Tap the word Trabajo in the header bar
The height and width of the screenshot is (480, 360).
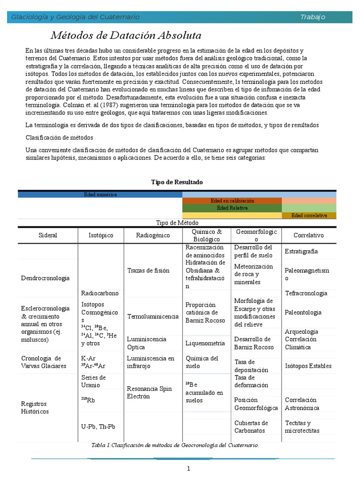tap(313, 17)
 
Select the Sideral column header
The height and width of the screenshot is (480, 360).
tap(47, 235)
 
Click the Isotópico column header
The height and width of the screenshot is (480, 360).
tap(101, 235)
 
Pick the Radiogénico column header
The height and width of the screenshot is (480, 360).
tap(153, 235)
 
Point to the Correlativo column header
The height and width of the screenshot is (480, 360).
tap(308, 235)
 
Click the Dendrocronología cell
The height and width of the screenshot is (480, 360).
tap(45, 278)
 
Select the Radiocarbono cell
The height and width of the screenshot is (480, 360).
tap(100, 293)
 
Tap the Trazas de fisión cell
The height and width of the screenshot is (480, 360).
tap(148, 270)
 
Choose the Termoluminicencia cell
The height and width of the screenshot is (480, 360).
tap(153, 316)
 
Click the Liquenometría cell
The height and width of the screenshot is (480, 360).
tap(205, 343)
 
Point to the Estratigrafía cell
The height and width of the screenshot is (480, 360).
tap(301, 251)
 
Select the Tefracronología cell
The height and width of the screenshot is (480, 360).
tap(306, 293)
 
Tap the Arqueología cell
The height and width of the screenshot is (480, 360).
tap(301, 331)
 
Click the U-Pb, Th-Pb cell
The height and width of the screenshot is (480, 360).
tap(98, 427)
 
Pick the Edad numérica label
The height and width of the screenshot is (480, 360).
tap(100, 194)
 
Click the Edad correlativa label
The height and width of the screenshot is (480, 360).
tap(309, 216)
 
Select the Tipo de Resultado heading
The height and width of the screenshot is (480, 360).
tap(177, 182)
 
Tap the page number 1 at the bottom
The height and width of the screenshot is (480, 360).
tap(188, 469)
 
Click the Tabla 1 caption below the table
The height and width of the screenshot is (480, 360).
tap(175, 445)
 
